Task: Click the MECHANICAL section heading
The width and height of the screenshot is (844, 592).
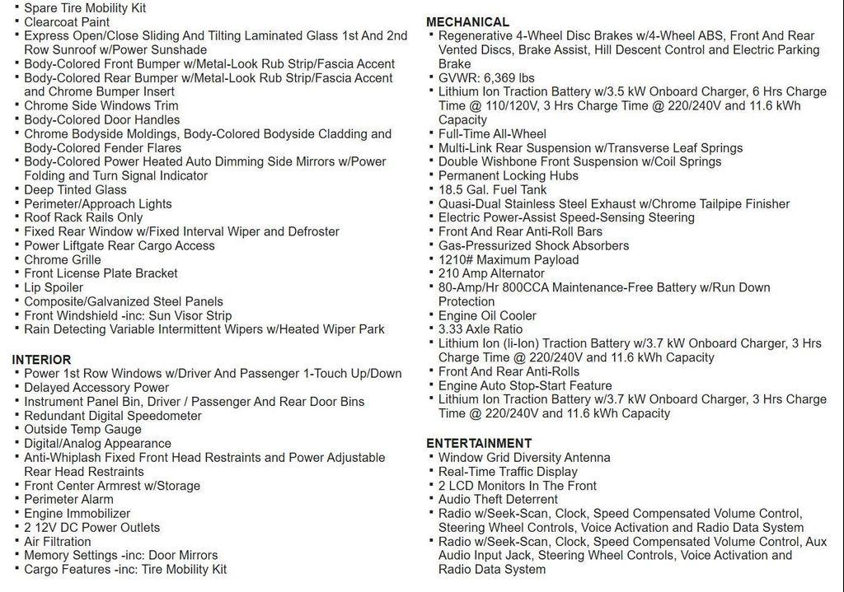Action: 467,22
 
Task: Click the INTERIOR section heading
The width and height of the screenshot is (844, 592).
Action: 41,360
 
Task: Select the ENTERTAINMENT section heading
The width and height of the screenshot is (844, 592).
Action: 479,443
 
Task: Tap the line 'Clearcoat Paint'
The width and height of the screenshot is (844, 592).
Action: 66,22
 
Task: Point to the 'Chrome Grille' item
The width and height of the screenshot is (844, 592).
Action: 62,259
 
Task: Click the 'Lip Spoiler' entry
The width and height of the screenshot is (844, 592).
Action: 54,287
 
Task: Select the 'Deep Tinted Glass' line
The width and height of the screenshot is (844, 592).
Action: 75,189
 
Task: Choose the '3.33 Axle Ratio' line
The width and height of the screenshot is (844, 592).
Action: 481,329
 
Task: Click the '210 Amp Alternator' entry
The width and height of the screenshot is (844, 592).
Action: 491,273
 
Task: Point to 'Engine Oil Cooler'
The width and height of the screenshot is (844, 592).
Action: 487,315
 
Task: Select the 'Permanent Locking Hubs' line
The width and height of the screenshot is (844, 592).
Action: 508,175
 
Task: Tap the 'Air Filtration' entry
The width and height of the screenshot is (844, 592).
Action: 58,541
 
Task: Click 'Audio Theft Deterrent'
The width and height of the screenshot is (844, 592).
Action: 498,499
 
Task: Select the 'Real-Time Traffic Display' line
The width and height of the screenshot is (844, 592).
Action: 508,472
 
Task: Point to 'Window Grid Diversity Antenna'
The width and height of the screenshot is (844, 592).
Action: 524,457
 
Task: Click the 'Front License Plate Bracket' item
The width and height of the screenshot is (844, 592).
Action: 101,273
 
